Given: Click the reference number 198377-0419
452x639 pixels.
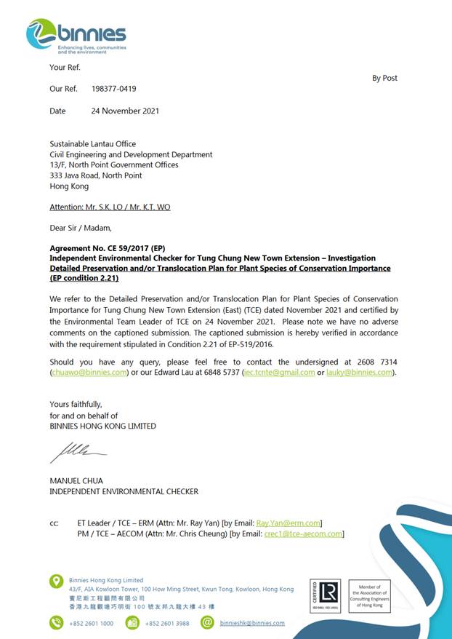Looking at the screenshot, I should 113,89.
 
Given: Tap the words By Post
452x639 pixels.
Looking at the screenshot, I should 384,78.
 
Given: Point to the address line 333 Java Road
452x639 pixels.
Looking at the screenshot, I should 95,175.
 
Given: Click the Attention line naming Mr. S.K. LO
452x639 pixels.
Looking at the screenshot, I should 110,207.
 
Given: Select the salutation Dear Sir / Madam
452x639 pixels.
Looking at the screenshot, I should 80,228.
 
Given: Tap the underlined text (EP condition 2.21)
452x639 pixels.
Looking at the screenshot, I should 84,278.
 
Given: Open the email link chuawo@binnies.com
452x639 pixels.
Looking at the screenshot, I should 89,373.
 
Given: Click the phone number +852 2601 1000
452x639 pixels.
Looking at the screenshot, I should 92,623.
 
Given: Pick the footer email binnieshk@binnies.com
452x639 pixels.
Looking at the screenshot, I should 252,623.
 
